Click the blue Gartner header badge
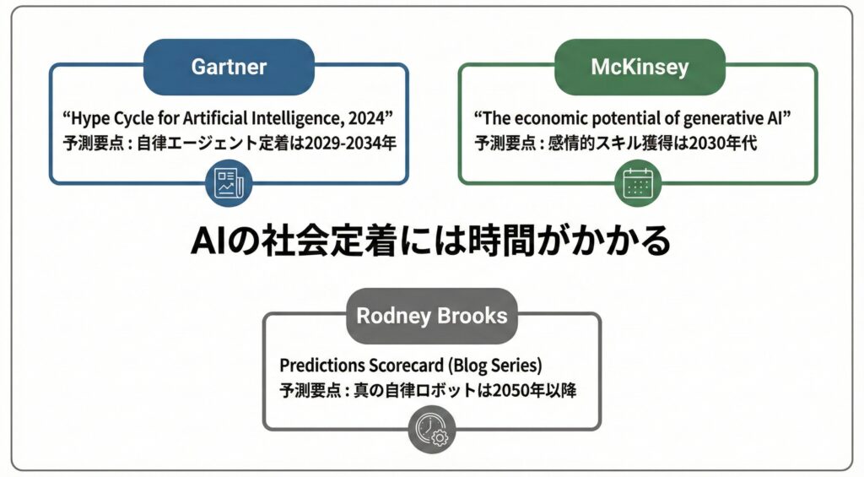pyautogui.click(x=229, y=66)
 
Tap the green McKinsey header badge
pyautogui.click(x=639, y=66)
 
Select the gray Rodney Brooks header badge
pyautogui.click(x=432, y=316)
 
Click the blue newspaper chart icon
pyautogui.click(x=229, y=183)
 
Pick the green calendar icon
pyautogui.click(x=638, y=183)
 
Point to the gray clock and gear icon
pyautogui.click(x=432, y=431)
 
